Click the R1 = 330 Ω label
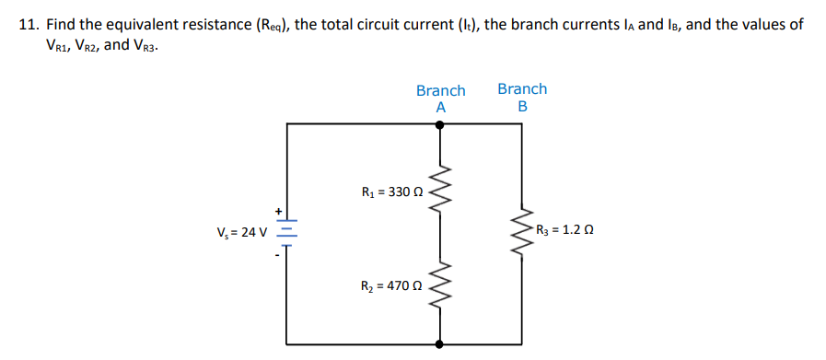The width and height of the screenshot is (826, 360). (x=392, y=193)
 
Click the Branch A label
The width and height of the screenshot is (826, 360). (x=440, y=99)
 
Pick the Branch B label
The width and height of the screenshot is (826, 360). (x=522, y=98)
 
